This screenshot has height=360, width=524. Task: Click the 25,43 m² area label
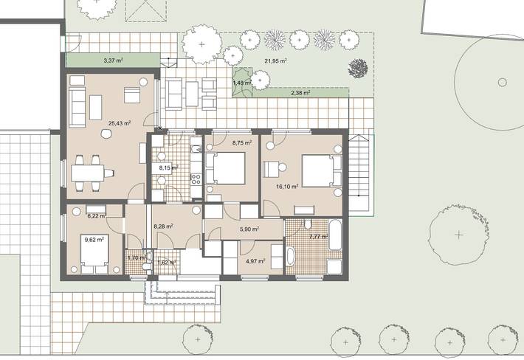[119, 123]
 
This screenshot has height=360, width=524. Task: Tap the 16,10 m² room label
[287, 187]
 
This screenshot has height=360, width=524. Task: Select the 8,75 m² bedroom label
[241, 143]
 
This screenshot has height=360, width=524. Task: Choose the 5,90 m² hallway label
[249, 229]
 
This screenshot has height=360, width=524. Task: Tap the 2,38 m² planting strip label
[300, 94]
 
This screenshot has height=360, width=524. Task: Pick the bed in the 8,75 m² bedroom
[228, 169]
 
